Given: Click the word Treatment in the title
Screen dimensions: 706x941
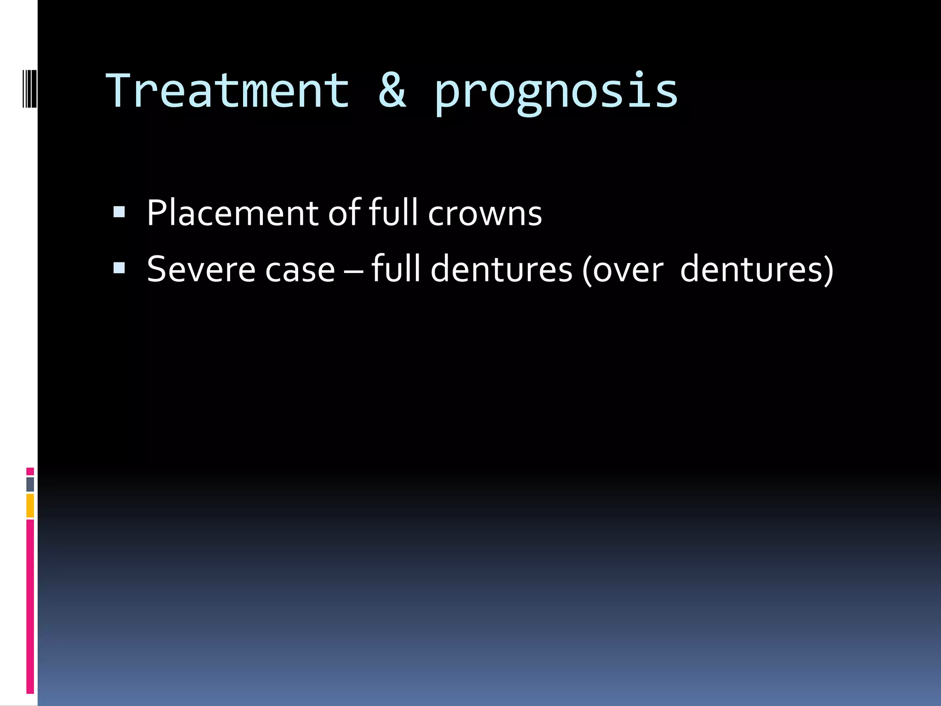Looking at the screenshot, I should (x=228, y=91).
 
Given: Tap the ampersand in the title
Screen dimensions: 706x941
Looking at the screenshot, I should (x=392, y=91).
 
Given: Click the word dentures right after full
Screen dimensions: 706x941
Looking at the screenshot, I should (x=501, y=269).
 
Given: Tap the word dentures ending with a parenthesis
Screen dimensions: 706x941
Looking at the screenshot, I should (x=756, y=270).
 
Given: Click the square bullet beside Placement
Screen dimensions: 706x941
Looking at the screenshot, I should (x=119, y=212).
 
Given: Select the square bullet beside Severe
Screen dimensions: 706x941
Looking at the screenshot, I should (x=119, y=268).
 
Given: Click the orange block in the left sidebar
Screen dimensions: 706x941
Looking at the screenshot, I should (x=30, y=506).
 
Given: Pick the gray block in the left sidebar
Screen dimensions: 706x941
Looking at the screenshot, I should (x=30, y=484).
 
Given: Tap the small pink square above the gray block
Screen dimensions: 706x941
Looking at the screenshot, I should (x=30, y=472).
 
